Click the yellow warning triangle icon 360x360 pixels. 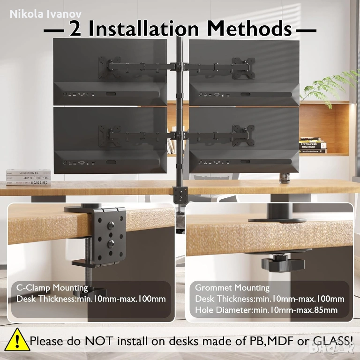17,340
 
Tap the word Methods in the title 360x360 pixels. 249,29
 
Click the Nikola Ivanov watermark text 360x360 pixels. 45,14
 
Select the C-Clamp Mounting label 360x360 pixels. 52,288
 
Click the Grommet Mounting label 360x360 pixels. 232,288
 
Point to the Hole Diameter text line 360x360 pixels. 266,310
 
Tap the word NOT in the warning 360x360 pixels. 99,341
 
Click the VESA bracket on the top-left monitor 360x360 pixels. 110,67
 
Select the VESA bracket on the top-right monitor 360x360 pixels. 243,68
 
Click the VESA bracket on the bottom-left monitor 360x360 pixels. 110,136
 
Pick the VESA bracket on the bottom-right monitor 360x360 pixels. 243,135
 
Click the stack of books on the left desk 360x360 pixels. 29,177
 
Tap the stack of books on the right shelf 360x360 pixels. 313,145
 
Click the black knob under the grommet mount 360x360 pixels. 283,264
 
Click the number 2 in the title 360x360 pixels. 75,29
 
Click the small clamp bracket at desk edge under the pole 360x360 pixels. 180,195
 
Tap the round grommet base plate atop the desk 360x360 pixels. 277,220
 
